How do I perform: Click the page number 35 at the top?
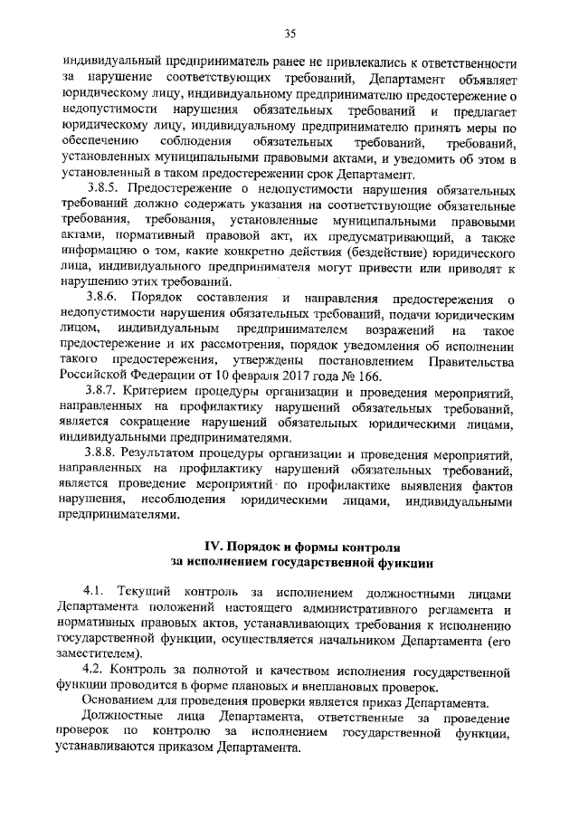pyautogui.click(x=289, y=34)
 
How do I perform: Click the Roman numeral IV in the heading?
pyautogui.click(x=211, y=547)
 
